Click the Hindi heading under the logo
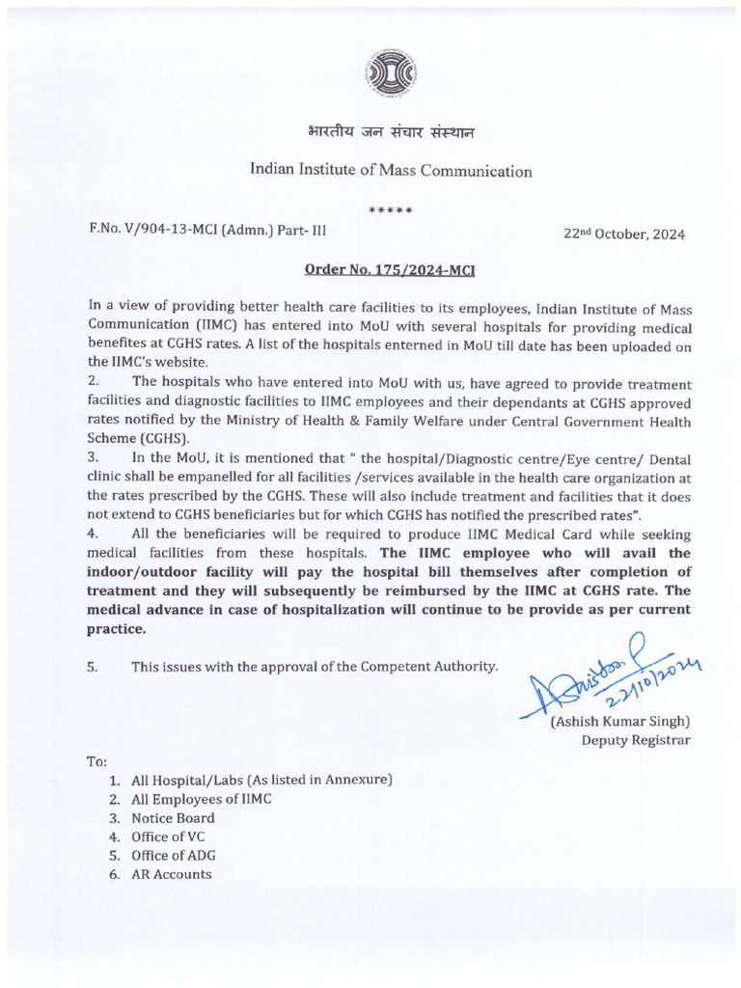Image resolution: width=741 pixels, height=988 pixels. (391, 132)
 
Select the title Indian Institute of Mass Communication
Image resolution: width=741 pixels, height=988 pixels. (391, 171)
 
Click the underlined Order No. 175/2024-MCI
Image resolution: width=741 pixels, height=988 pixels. (390, 269)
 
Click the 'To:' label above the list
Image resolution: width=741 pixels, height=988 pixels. (96, 761)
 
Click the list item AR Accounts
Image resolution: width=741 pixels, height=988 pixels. (171, 875)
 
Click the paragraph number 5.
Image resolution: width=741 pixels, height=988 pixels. (93, 667)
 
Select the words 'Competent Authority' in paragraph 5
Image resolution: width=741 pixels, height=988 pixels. (442, 666)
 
